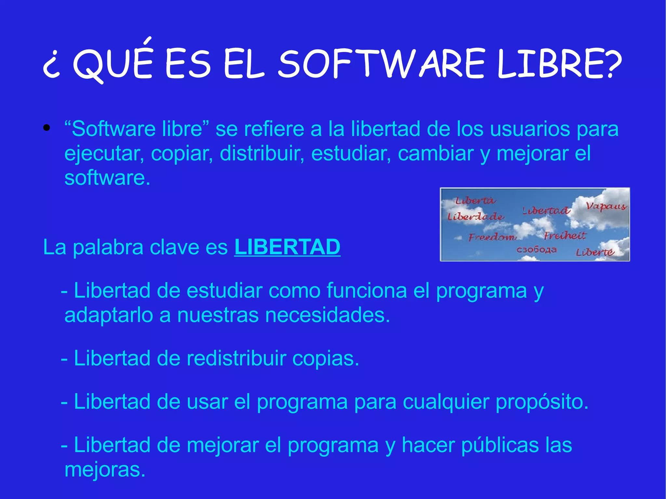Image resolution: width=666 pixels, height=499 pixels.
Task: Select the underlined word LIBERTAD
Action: point(287,247)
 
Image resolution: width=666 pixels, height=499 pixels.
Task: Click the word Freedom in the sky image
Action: point(492,237)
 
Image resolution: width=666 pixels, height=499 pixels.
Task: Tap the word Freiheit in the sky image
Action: point(565,235)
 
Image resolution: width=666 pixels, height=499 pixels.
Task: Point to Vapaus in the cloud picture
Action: point(606,206)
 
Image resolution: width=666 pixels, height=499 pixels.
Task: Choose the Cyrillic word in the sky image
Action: point(537,250)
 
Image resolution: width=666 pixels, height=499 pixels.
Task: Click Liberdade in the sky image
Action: point(476,217)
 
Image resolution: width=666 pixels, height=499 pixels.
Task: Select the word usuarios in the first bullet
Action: point(530,129)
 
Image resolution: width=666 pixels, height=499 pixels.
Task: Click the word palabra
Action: point(108,247)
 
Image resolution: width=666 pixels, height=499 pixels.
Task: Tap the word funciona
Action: point(366,290)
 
